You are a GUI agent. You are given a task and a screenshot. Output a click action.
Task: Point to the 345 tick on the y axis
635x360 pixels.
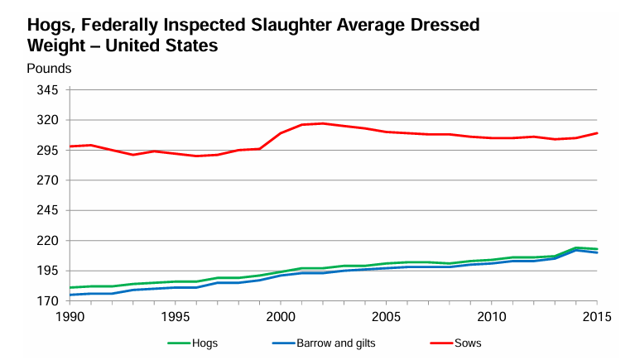[47, 90]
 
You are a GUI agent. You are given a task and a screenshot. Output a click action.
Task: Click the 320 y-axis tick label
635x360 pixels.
[47, 120]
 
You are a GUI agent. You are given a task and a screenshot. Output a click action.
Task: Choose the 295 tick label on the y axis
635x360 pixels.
[47, 151]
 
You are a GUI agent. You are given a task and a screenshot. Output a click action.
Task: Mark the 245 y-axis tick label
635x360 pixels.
[47, 210]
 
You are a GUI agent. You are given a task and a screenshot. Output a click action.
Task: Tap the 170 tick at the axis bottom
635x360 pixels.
[47, 301]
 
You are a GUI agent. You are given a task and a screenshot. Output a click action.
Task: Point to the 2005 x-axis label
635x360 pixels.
[386, 317]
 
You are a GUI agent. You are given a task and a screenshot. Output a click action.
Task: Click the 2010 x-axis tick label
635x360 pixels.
[492, 317]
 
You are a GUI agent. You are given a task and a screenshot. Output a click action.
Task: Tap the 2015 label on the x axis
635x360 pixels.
[597, 317]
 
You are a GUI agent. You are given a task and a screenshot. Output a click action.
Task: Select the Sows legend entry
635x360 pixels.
[468, 343]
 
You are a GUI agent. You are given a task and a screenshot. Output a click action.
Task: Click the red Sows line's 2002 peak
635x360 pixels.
[323, 123]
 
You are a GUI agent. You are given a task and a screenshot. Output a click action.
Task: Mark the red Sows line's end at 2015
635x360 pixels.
[597, 133]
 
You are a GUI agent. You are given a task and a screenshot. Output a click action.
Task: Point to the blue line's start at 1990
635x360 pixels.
[70, 295]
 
